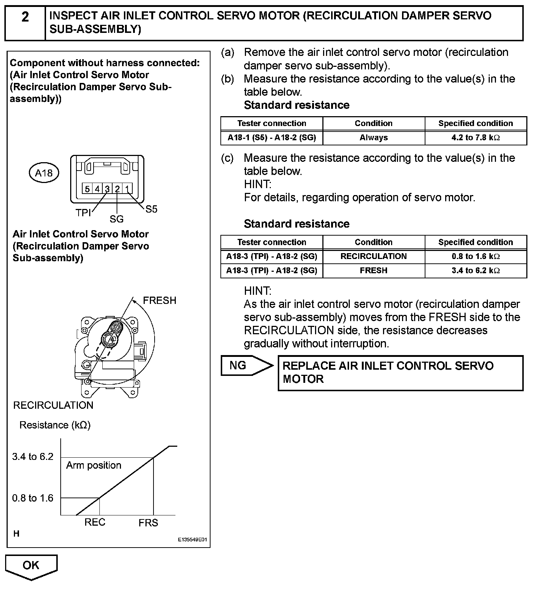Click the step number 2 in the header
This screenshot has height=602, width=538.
point(25,17)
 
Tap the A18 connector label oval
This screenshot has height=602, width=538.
point(44,173)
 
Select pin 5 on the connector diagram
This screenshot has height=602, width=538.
point(87,189)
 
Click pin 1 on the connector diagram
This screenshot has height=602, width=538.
point(127,189)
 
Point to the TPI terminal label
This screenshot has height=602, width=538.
point(83,213)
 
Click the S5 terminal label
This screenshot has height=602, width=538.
point(151,209)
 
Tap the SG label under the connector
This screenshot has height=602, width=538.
point(117,219)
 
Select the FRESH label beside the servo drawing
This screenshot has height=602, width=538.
point(159,301)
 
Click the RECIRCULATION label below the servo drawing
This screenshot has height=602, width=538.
point(53,405)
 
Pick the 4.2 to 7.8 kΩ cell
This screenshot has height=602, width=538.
point(476,138)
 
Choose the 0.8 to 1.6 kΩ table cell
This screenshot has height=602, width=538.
point(476,256)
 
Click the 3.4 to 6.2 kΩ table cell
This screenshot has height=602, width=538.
point(476,271)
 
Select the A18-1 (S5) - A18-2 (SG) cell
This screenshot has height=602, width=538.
point(272,138)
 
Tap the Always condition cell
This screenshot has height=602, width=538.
point(374,138)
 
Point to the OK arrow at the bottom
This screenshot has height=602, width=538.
point(31,566)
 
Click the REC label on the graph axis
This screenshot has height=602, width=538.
point(95,522)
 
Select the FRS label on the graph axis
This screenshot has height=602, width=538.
point(148,523)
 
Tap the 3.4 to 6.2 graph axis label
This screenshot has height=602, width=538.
point(33,457)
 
